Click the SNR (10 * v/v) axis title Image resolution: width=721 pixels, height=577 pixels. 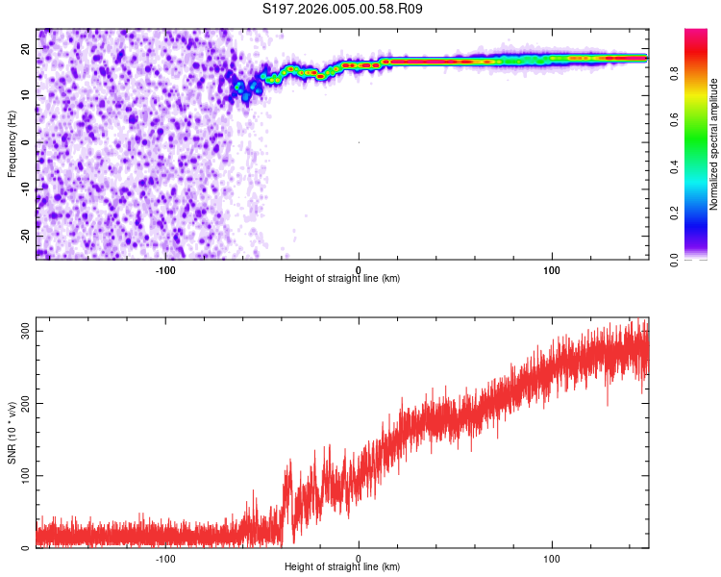point(12,432)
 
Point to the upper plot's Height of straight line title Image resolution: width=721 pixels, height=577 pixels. point(342,278)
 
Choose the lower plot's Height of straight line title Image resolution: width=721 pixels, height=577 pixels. point(342,566)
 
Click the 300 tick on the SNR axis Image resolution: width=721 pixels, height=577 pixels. point(24,331)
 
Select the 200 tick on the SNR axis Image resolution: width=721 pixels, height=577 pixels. point(24,404)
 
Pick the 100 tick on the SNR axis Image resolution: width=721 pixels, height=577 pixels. point(24,476)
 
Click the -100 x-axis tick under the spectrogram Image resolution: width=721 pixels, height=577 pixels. point(164,269)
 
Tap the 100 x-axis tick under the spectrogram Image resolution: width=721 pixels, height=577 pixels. point(552,269)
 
